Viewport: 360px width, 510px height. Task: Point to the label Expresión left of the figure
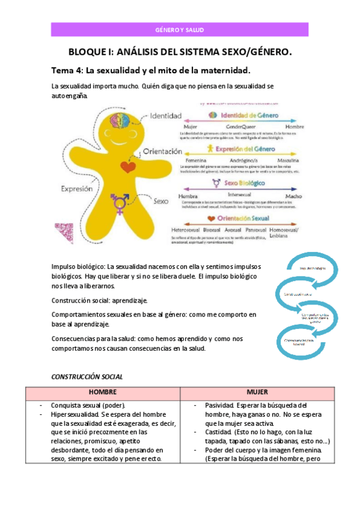76,188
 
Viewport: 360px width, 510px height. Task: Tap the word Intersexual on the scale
239,195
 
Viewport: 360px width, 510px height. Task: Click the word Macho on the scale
293,195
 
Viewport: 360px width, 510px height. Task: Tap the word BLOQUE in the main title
90,52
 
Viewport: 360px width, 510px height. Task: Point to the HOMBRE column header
102,392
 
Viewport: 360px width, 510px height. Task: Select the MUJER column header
257,392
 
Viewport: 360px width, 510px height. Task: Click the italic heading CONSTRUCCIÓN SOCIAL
87,376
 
